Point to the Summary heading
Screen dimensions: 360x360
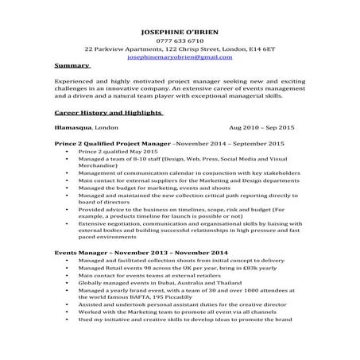[x=70, y=66]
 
